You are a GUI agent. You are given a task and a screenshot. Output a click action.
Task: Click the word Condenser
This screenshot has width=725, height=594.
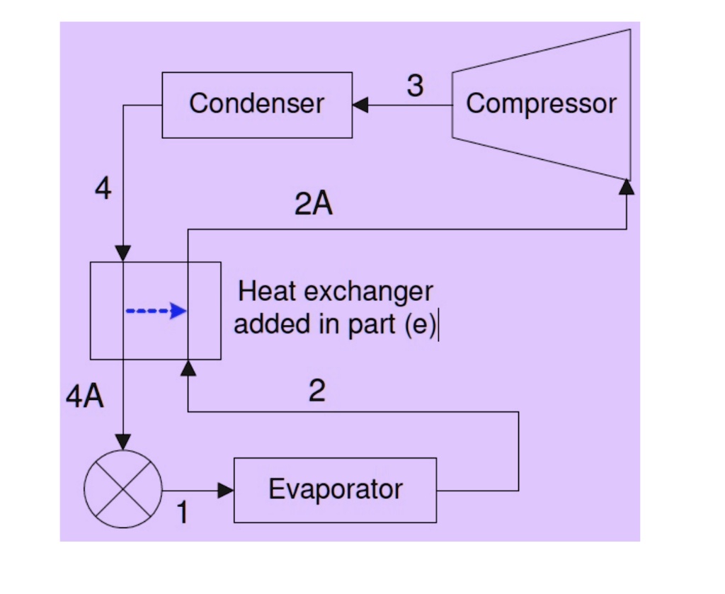pyautogui.click(x=256, y=103)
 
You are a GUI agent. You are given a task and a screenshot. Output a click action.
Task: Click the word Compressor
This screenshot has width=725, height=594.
pyautogui.click(x=541, y=103)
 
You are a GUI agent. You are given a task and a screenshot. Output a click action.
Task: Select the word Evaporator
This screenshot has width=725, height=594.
pyautogui.click(x=335, y=489)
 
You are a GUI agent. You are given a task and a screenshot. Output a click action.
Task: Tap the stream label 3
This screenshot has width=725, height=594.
pyautogui.click(x=415, y=86)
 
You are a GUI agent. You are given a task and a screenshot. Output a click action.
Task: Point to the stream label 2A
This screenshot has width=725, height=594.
pyautogui.click(x=314, y=205)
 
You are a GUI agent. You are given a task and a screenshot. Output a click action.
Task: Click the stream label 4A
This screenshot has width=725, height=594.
pyautogui.click(x=85, y=398)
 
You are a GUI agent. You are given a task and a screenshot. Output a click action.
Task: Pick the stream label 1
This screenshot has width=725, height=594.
pyautogui.click(x=182, y=513)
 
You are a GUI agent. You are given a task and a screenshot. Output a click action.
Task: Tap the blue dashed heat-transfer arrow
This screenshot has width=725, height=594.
pyautogui.click(x=156, y=311)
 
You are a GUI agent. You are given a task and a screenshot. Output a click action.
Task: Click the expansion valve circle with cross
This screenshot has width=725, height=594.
pyautogui.click(x=123, y=489)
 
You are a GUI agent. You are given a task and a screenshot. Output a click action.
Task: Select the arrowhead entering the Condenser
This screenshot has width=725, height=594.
pyautogui.click(x=360, y=105)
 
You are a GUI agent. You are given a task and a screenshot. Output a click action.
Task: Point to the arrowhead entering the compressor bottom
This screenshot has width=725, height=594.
pyautogui.click(x=626, y=186)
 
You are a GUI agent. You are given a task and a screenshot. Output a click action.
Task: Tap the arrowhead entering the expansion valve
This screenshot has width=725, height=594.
pyautogui.click(x=123, y=442)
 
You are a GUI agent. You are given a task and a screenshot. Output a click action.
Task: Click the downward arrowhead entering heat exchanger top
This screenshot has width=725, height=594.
pyautogui.click(x=123, y=253)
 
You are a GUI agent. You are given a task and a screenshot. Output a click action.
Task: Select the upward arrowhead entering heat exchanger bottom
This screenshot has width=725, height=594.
pyautogui.click(x=188, y=367)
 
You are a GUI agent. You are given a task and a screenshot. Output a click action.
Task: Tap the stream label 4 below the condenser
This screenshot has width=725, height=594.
pyautogui.click(x=103, y=189)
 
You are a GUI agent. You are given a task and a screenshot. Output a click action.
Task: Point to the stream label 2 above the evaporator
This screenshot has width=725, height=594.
pyautogui.click(x=317, y=391)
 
